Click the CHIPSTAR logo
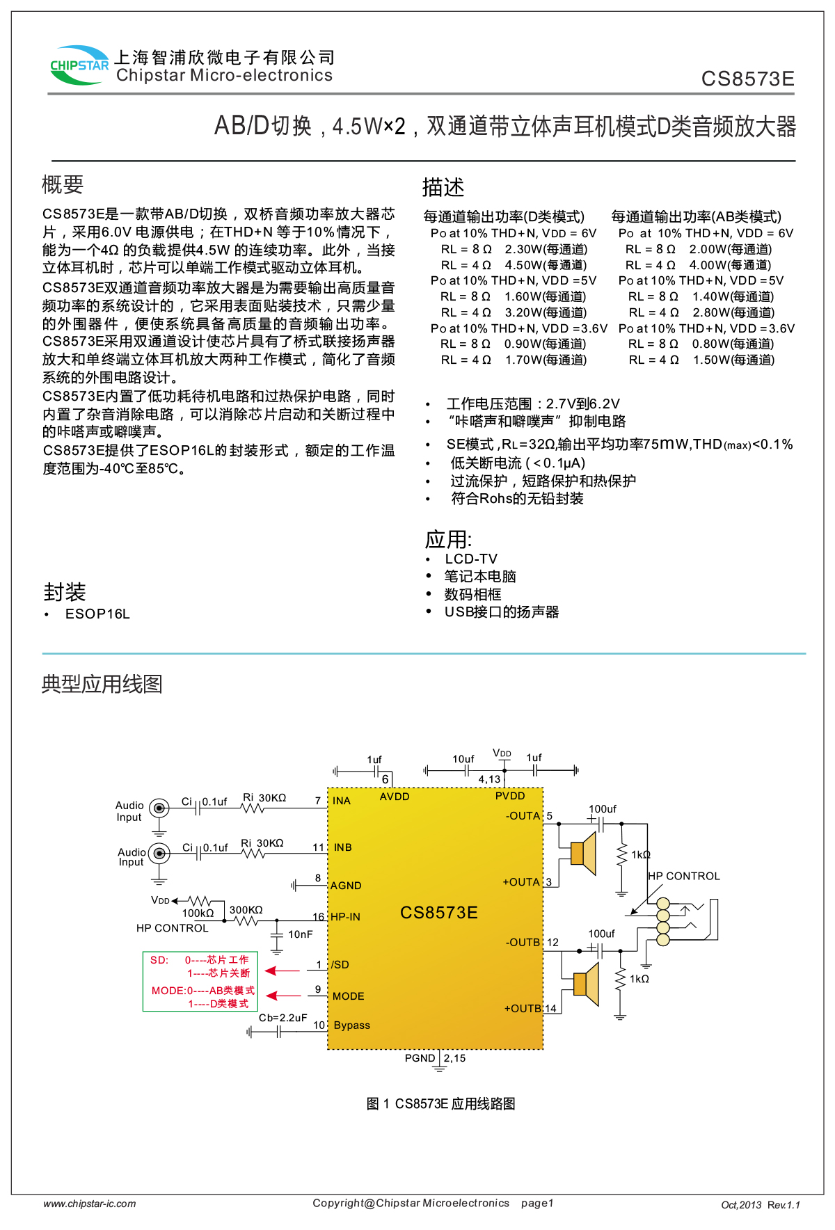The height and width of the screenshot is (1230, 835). pyautogui.click(x=79, y=65)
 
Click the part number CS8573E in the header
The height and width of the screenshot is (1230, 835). pyautogui.click(x=747, y=79)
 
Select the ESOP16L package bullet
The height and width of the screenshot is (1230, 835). pyautogui.click(x=97, y=614)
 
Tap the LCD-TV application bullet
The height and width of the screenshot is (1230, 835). pyautogui.click(x=471, y=559)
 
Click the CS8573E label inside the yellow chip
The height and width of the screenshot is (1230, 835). pyautogui.click(x=438, y=913)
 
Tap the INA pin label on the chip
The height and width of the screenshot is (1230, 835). pyautogui.click(x=342, y=801)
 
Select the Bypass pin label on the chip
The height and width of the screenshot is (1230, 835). pyautogui.click(x=352, y=1025)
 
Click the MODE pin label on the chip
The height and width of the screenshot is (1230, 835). pyautogui.click(x=349, y=996)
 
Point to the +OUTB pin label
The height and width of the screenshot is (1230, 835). pyautogui.click(x=523, y=1009)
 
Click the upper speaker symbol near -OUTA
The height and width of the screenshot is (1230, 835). pyautogui.click(x=584, y=853)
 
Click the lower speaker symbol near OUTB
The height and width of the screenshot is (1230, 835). pyautogui.click(x=587, y=984)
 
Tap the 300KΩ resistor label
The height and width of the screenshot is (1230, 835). pyautogui.click(x=246, y=910)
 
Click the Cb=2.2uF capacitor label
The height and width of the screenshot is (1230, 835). pyautogui.click(x=283, y=1018)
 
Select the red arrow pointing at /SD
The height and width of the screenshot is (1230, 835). pyautogui.click(x=282, y=971)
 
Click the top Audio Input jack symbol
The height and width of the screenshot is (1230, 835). pyautogui.click(x=159, y=808)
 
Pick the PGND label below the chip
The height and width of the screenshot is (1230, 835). pyautogui.click(x=420, y=1058)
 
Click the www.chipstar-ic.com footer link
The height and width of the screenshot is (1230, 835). pyautogui.click(x=90, y=1204)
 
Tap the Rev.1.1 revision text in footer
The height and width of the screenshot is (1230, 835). pyautogui.click(x=784, y=1205)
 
